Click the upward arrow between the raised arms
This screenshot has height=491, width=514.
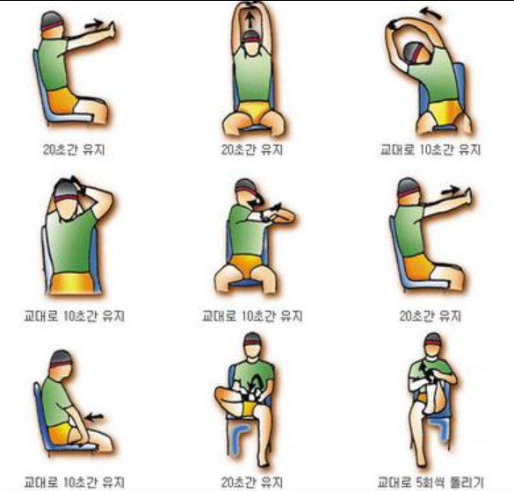[x=250, y=21]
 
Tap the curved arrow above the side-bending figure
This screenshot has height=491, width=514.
[x=431, y=13]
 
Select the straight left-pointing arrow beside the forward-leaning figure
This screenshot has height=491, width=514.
[x=94, y=417]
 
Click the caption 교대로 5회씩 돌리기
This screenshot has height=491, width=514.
[x=431, y=482]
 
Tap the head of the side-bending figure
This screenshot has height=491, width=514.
[x=416, y=53]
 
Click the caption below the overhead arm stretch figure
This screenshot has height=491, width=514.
[x=252, y=150]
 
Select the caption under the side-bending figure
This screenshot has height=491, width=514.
[x=431, y=150]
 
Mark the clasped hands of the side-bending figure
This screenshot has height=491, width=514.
[x=392, y=25]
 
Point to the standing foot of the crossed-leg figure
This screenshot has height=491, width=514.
[x=263, y=463]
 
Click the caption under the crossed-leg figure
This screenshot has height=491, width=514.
[x=252, y=482]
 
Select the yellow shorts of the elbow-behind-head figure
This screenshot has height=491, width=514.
[x=71, y=283]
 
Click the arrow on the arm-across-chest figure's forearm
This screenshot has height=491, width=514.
[x=274, y=207]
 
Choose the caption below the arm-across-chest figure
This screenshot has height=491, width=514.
[x=252, y=316]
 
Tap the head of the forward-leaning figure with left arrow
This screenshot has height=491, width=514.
[x=61, y=364]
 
